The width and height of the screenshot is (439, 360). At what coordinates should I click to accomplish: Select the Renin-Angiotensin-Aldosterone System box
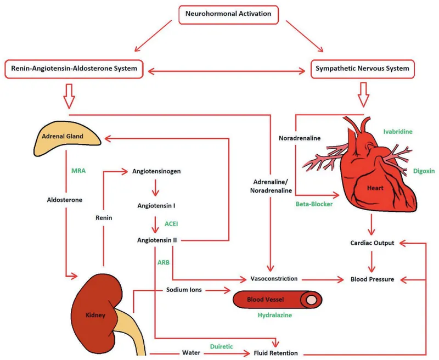pyautogui.click(x=74, y=69)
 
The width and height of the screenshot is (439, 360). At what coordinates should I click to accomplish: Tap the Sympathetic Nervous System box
pyautogui.click(x=363, y=69)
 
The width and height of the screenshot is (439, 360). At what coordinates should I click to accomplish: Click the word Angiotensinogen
pyautogui.click(x=156, y=171)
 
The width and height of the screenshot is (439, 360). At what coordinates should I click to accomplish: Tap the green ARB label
pyautogui.click(x=164, y=262)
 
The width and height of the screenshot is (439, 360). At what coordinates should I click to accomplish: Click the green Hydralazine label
pyautogui.click(x=274, y=317)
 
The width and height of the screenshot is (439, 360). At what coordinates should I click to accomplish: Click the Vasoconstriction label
pyautogui.click(x=274, y=279)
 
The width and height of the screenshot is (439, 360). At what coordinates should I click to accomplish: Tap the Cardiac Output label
pyautogui.click(x=372, y=243)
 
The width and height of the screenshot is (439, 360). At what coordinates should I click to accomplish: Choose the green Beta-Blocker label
pyautogui.click(x=313, y=203)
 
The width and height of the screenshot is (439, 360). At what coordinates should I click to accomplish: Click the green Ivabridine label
pyautogui.click(x=398, y=132)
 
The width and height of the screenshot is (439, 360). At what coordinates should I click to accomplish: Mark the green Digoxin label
pyautogui.click(x=424, y=171)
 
